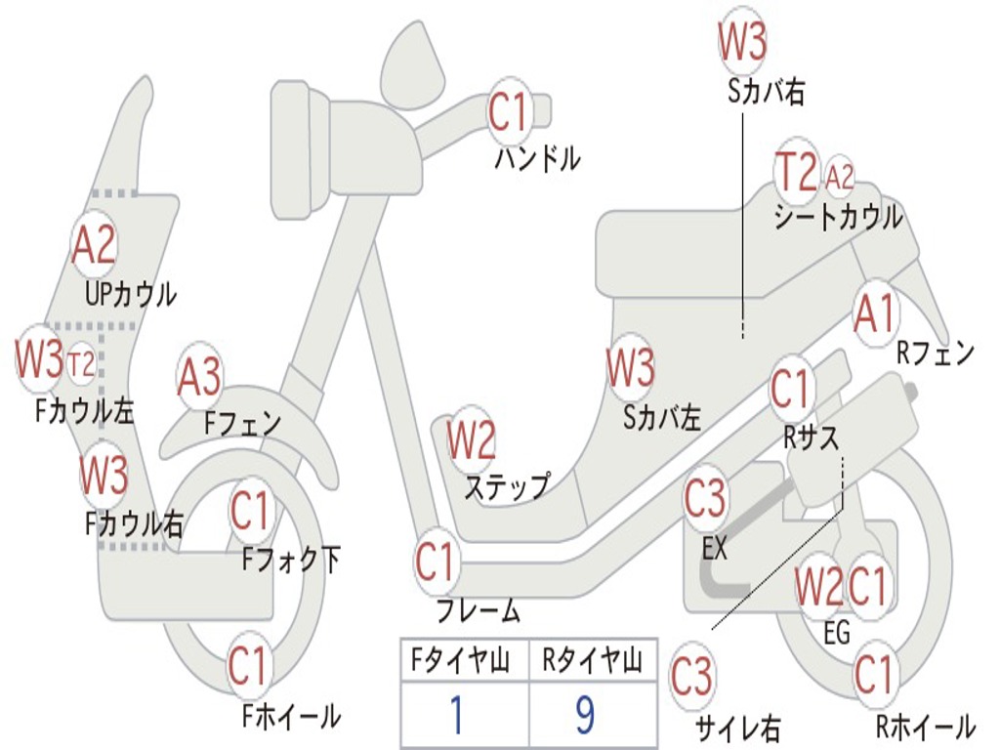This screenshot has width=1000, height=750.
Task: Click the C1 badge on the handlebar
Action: (x=509, y=113)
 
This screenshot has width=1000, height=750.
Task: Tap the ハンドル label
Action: (x=538, y=158)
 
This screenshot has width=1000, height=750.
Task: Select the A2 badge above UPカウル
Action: (x=94, y=245)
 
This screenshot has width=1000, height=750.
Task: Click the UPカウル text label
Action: (x=131, y=294)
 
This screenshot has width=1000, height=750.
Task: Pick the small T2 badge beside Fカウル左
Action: (x=81, y=364)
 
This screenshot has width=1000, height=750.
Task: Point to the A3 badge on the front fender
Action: (x=199, y=377)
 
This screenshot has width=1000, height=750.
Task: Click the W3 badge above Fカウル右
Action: (x=104, y=476)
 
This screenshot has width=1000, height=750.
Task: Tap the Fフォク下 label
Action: (x=291, y=560)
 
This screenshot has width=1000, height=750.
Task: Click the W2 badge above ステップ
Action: (x=472, y=440)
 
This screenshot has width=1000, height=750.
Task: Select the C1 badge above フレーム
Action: (x=436, y=562)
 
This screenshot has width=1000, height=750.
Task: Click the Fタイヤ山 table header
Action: (x=461, y=660)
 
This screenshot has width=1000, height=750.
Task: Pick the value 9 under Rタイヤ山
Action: (x=585, y=715)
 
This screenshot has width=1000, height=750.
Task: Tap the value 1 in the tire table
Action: (x=457, y=715)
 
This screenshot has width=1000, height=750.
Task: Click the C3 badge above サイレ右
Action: (x=692, y=676)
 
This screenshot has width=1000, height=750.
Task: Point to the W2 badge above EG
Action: (x=819, y=586)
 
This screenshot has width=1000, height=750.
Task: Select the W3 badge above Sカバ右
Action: (x=742, y=39)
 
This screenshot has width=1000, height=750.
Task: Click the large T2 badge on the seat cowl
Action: (x=797, y=172)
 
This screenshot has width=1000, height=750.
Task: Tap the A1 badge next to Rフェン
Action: (x=876, y=313)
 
